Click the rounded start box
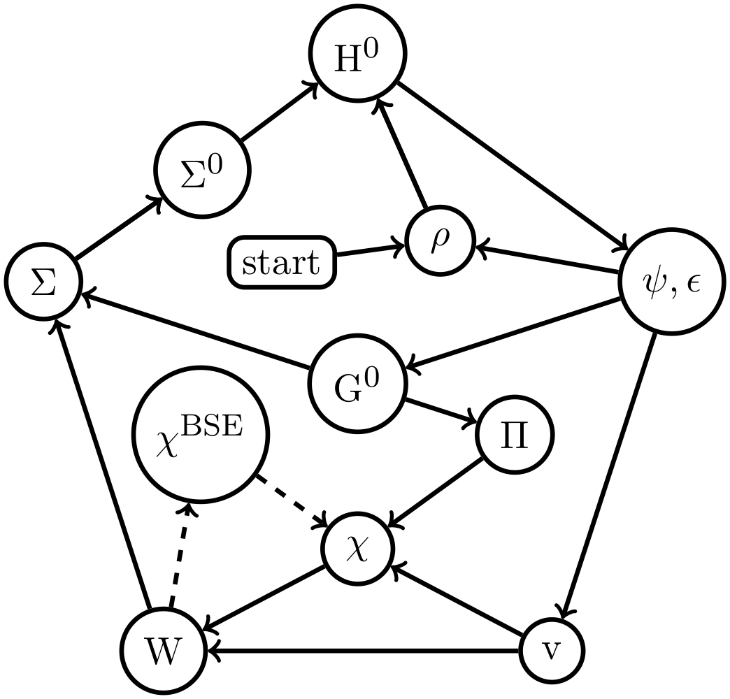[281, 264]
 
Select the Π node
[515, 435]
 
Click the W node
[163, 651]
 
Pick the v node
[552, 651]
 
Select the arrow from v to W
[364, 651]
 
